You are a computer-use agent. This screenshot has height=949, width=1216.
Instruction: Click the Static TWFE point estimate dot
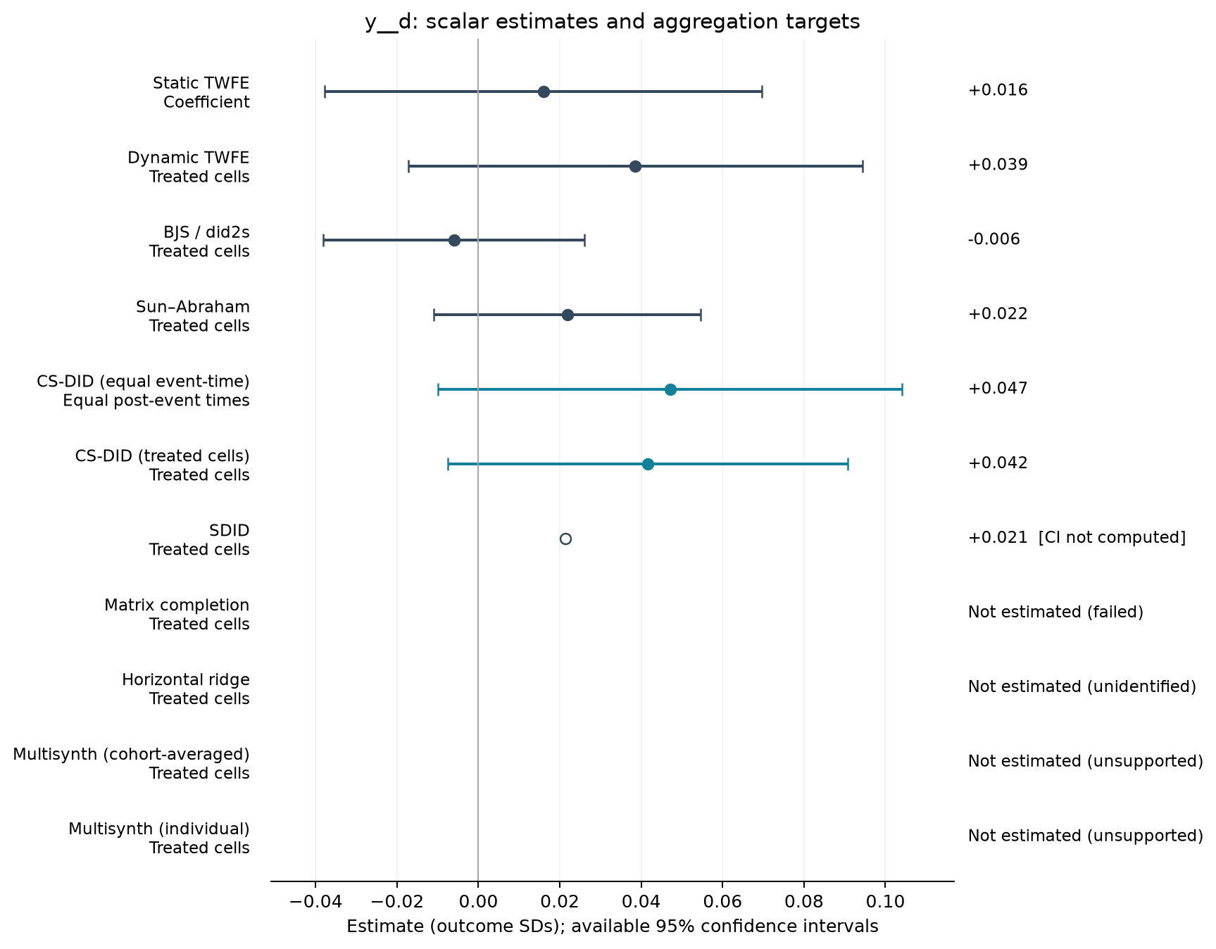click(544, 92)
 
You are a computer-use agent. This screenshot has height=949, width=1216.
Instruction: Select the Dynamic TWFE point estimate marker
click(635, 167)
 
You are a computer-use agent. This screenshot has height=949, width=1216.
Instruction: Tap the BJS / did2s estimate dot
click(454, 241)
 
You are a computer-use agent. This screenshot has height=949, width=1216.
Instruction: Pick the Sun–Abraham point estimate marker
click(568, 315)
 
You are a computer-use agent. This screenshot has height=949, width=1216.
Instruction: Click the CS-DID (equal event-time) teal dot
click(670, 390)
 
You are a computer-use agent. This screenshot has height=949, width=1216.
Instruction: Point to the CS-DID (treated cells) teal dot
click(648, 465)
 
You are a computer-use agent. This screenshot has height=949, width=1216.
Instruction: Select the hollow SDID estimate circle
click(565, 539)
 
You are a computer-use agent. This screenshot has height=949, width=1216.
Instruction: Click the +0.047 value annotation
click(998, 389)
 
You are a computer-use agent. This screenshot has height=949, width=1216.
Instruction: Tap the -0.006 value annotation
click(994, 239)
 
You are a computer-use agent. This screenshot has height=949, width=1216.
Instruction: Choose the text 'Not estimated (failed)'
click(1055, 612)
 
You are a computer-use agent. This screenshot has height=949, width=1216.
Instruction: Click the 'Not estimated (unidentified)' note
click(1082, 687)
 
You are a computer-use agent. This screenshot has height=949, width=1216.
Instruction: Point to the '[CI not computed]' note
click(1112, 538)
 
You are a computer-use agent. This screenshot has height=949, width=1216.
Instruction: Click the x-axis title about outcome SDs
click(613, 927)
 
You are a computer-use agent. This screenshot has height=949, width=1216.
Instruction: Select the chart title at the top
click(613, 23)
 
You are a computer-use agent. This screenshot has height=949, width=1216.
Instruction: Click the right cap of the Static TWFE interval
click(762, 92)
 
